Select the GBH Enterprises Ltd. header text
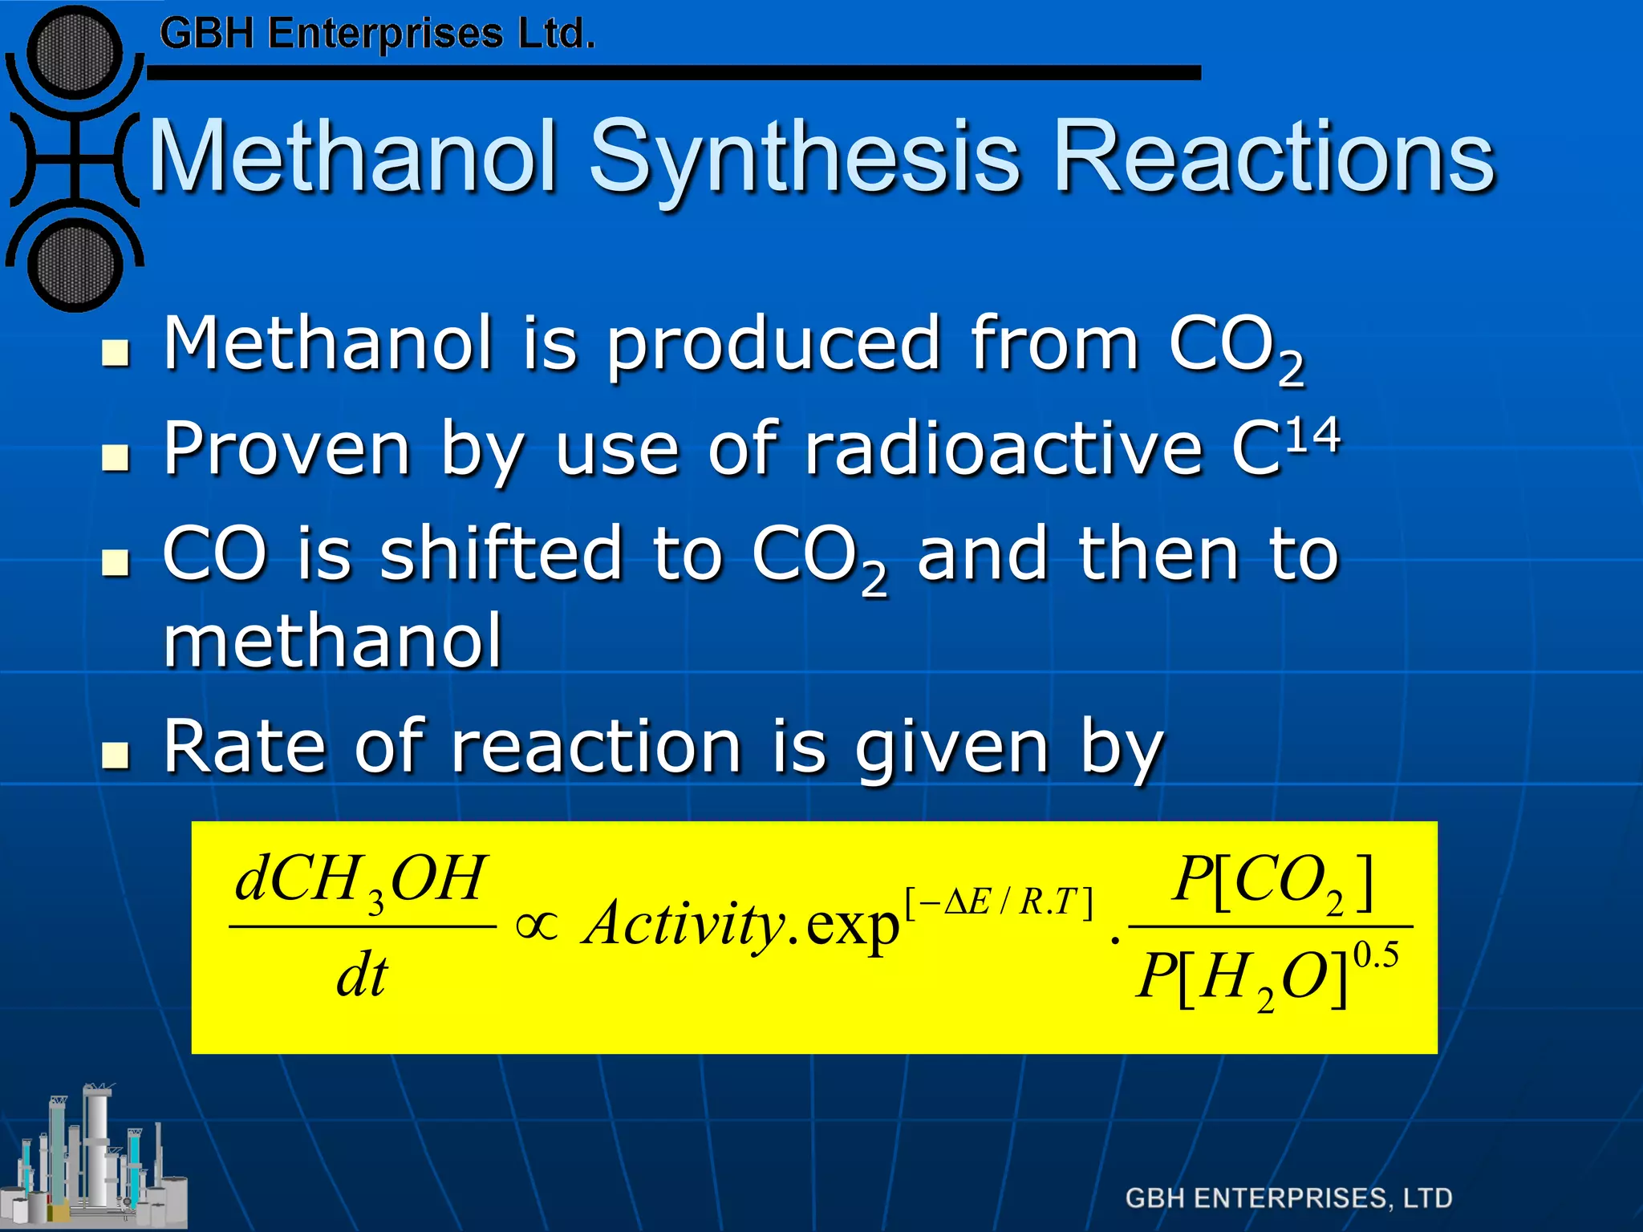pos(377,35)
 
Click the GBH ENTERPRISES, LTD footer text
pos(1288,1198)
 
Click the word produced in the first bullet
pos(773,345)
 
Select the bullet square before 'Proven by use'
pos(116,457)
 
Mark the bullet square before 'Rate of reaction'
pos(116,755)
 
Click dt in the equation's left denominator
pos(362,977)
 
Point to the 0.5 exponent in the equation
pos(1376,955)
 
